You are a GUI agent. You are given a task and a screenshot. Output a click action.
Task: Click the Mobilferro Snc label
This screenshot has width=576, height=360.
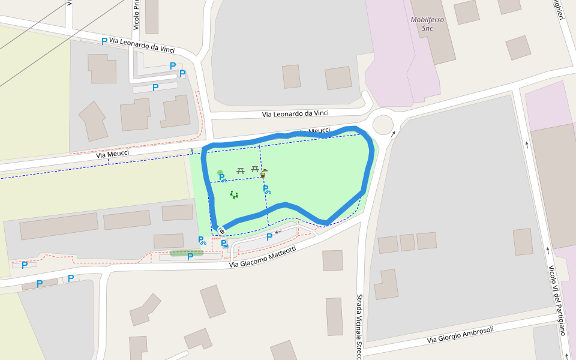point(427,23)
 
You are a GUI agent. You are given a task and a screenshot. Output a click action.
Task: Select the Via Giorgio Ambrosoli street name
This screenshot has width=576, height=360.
point(460,335)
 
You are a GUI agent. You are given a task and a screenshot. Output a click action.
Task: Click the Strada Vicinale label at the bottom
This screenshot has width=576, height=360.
point(359,327)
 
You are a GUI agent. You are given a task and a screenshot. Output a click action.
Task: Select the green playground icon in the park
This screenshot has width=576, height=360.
point(234,194)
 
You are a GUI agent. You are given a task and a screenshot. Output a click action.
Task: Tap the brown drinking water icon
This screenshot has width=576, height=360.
point(263,173)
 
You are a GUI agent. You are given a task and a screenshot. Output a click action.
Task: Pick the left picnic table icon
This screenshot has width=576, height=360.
point(241,171)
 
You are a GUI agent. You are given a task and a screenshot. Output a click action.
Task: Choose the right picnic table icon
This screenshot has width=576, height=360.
point(254,170)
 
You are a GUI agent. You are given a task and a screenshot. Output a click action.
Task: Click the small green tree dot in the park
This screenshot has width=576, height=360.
point(220,172)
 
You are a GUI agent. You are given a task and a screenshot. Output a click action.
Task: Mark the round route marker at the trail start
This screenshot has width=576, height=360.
point(221,231)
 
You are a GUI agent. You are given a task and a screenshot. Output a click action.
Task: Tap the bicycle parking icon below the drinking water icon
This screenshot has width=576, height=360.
point(266,190)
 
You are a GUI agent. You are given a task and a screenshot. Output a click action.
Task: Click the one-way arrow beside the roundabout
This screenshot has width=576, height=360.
point(393,134)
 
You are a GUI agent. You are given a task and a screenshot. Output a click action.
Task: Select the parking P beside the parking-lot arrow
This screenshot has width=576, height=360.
point(269,237)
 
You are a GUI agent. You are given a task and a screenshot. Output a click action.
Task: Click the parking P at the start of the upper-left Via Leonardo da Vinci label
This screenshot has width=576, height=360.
point(104,41)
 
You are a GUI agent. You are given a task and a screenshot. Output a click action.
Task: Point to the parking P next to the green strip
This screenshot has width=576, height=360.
point(190,257)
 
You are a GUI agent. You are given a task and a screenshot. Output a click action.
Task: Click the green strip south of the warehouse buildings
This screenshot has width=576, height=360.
point(186,253)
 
